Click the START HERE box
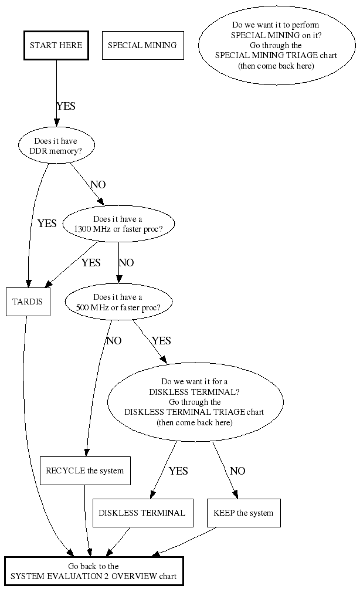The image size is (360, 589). coord(56,45)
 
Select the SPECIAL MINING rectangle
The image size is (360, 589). coord(142,45)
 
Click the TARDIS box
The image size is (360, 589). coord(28,302)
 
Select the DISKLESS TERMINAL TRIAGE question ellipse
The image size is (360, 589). coord(195,402)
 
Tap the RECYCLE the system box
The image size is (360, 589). coord(85,470)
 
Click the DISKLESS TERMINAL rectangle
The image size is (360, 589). coord(142,513)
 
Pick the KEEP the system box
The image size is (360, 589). coord(243,513)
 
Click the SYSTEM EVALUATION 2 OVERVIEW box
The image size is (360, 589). coord(94,571)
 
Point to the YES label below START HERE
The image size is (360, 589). coord(66,106)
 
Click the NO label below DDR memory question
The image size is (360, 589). coord(98,185)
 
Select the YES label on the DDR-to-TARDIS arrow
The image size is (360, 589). coord(47,224)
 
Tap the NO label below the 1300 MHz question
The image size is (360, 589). coord(126,263)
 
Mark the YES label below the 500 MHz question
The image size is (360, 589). coord(161,341)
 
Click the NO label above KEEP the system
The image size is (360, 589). coord(237,470)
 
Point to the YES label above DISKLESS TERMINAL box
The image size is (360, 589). coord(178,470)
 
